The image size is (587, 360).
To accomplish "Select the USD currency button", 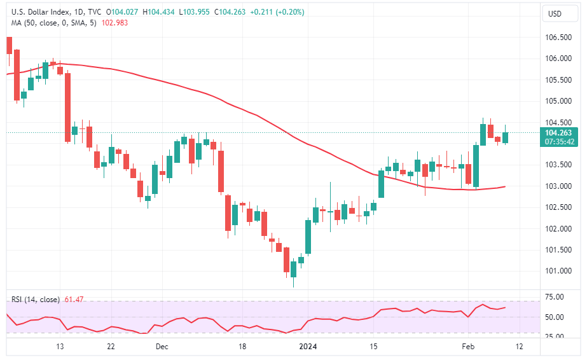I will [555, 14].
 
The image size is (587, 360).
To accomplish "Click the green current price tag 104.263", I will [558, 133].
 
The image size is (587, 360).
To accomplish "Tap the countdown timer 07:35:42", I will [558, 142].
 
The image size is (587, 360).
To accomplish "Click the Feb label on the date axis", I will [468, 347].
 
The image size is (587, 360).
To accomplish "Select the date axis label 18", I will [242, 347].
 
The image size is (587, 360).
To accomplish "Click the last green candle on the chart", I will [506, 137].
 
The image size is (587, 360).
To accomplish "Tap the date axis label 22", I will [111, 347].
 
